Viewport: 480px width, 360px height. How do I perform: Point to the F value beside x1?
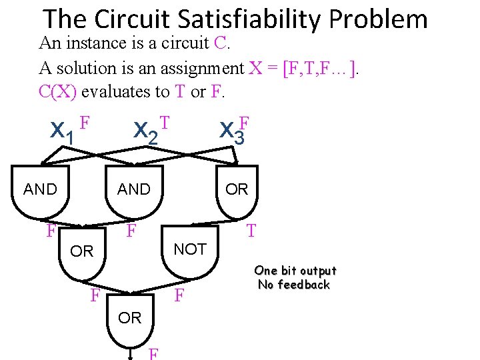(84, 123)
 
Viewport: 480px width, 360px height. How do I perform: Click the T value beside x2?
(166, 122)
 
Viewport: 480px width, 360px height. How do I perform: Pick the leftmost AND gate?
(41, 193)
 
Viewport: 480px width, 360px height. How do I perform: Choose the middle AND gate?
(134, 193)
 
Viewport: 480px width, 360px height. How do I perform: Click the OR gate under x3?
(237, 193)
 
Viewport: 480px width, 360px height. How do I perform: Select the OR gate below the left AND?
(82, 257)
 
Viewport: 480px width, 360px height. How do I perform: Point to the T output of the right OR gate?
(251, 231)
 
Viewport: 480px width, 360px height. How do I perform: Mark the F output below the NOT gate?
(179, 295)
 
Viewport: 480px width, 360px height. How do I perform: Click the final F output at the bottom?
(154, 353)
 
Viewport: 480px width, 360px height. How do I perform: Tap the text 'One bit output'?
(295, 271)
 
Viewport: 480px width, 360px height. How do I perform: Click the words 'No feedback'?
(294, 285)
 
